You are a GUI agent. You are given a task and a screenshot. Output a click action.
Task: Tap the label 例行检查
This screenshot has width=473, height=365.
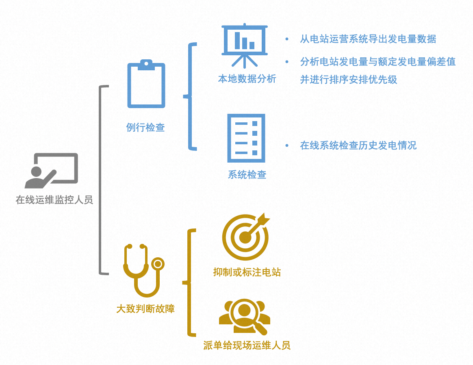145,128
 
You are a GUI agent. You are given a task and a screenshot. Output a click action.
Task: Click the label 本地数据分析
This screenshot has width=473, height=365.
247,79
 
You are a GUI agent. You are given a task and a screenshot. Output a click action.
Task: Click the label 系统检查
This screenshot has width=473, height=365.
247,175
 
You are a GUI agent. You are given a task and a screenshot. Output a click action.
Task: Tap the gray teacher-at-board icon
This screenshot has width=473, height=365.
51,171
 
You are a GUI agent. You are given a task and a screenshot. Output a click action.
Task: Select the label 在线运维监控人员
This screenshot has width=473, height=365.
54,200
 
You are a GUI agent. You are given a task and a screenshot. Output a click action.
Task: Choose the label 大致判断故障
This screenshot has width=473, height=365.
145,309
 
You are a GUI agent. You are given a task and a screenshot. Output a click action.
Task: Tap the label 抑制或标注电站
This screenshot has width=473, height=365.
247,272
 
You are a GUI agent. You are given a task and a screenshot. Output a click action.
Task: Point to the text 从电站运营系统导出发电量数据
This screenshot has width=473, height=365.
368,39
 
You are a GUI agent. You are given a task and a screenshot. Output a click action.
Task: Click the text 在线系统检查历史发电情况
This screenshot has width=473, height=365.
358,146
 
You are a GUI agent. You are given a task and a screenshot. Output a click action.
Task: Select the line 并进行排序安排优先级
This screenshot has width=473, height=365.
348,79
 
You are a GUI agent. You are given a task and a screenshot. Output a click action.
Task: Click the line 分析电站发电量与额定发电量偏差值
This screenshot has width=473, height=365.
378,62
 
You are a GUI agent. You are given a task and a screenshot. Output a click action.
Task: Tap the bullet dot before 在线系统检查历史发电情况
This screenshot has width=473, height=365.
287,146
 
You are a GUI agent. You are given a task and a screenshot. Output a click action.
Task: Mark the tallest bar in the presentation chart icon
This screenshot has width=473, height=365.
238,40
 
